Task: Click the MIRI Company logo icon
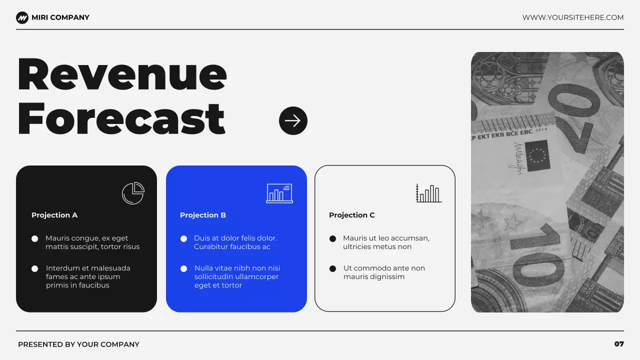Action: click(22, 17)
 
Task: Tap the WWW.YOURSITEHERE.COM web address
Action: click(573, 17)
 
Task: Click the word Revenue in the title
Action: click(122, 75)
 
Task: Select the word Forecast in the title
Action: click(121, 119)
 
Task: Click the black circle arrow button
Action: click(293, 120)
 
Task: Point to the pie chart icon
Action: click(133, 193)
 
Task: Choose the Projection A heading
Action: click(54, 215)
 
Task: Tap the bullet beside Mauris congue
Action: click(35, 238)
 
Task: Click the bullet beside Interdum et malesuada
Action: click(35, 268)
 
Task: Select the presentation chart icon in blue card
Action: click(279, 193)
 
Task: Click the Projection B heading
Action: click(203, 215)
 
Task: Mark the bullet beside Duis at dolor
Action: click(184, 238)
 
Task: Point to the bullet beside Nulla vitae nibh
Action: click(184, 268)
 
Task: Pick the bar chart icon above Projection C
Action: click(428, 193)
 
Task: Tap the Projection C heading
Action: click(352, 215)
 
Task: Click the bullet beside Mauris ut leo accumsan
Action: click(333, 238)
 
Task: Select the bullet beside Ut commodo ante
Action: click(333, 268)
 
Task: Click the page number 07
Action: click(619, 344)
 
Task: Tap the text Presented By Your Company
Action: click(78, 344)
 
